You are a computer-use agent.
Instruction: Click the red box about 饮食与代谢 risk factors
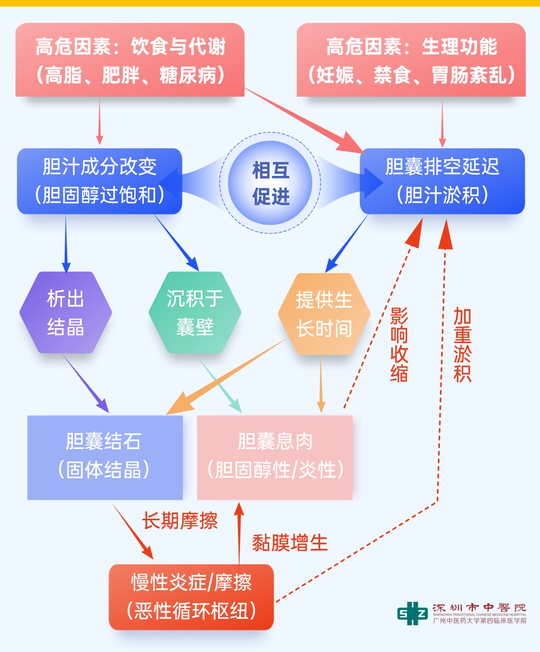tap(130, 60)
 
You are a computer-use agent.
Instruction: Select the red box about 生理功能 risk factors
tap(411, 60)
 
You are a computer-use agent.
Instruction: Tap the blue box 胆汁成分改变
tap(99, 181)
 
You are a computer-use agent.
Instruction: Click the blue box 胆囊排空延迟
tap(442, 181)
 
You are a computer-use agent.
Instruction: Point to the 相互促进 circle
tap(270, 183)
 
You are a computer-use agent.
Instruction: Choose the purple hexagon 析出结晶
tap(66, 312)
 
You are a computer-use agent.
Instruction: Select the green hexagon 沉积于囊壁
tap(195, 312)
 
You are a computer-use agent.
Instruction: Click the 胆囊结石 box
tap(105, 457)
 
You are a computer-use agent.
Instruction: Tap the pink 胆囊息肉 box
tap(275, 457)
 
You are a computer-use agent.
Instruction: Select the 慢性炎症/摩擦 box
tap(191, 596)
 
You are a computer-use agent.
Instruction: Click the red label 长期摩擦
tap(180, 520)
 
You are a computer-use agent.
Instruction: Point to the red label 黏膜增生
tap(290, 543)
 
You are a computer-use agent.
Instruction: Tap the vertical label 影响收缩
tap(399, 345)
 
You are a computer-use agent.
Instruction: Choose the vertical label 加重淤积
tap(462, 345)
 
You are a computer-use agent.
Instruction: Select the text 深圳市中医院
tap(479, 607)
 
